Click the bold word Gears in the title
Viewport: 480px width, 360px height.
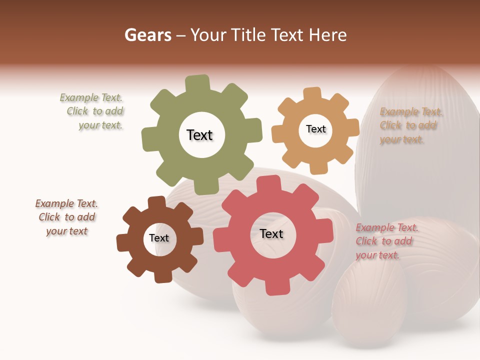pos(147,35)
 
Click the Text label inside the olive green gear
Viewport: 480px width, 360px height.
pos(199,135)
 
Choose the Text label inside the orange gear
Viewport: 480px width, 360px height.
pos(315,129)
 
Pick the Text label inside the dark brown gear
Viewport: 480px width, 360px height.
pos(159,238)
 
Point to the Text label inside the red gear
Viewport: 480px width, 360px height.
pos(271,234)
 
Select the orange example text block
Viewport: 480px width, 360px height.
pos(410,125)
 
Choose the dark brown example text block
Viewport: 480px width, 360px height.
pos(66,217)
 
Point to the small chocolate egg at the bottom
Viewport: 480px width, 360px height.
pos(369,305)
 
